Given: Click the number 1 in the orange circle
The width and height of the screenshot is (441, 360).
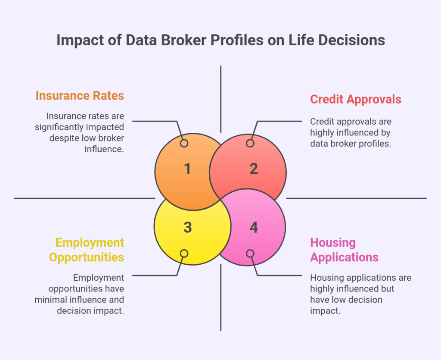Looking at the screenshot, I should [x=187, y=169].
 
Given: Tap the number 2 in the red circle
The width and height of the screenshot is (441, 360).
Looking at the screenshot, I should [x=254, y=169].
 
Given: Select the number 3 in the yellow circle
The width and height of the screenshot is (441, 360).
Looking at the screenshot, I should [x=187, y=227].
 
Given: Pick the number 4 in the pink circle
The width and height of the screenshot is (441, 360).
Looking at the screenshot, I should [x=254, y=227].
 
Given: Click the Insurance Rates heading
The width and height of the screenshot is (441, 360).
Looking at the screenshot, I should [x=80, y=95].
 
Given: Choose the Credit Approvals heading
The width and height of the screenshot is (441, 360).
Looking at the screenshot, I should [x=355, y=99].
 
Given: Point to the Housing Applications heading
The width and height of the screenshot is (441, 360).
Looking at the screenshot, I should [x=344, y=250].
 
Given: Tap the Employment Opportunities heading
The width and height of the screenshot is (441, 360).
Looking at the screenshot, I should [x=87, y=250].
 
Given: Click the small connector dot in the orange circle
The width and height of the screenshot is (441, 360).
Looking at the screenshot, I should [x=184, y=143].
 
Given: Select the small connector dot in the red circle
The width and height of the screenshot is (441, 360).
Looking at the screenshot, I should [x=250, y=143].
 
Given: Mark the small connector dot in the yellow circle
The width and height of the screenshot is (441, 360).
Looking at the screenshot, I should [x=184, y=253].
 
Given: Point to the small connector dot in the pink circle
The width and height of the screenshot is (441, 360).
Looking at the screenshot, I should [x=250, y=253].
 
